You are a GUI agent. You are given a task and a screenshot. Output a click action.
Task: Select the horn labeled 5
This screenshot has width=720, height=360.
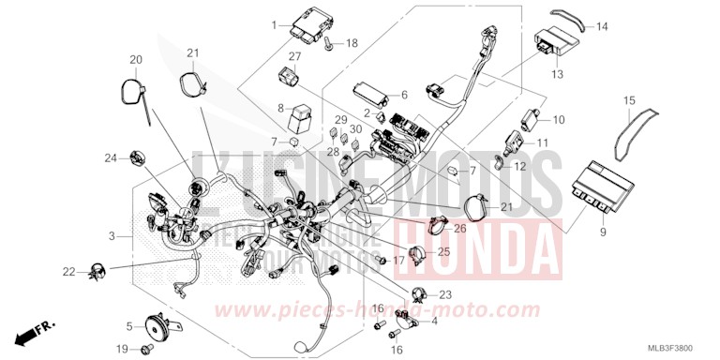click(x=157, y=326)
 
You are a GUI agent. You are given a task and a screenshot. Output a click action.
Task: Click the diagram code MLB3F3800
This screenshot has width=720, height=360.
click(x=681, y=351)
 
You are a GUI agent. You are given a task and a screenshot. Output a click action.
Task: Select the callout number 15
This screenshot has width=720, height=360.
click(x=629, y=99)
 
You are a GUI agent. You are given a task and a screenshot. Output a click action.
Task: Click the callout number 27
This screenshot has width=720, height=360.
click(x=294, y=57)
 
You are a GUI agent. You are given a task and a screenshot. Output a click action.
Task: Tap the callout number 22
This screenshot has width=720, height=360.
click(x=69, y=272)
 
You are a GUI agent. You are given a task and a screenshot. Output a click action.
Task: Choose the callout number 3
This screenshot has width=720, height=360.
click(x=112, y=235)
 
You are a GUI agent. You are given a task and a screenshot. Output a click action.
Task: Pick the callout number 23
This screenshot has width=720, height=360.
click(x=444, y=294)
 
